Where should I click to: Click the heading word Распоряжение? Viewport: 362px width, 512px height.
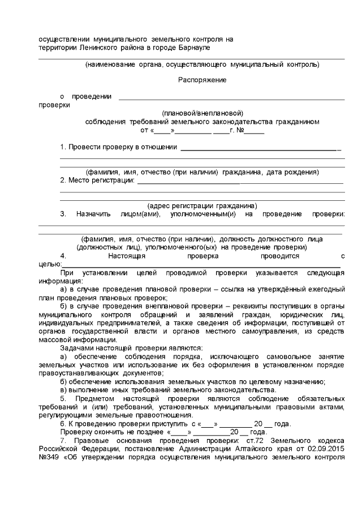pyautogui.click(x=202, y=80)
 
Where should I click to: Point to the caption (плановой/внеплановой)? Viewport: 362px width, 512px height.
pyautogui.click(x=202, y=113)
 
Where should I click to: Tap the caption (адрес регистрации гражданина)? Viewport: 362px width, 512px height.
pyautogui.click(x=202, y=205)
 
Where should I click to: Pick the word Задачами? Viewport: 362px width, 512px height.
pyautogui.click(x=76, y=347)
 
